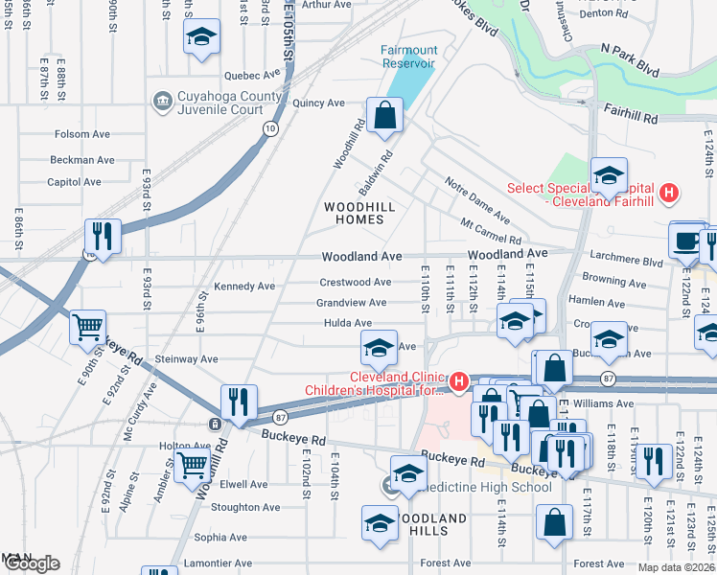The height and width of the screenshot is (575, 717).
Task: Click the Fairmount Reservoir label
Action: pos(408,57)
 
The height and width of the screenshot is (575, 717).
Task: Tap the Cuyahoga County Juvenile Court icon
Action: pos(160,99)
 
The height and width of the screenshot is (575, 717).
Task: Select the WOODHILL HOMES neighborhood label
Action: pos(354,213)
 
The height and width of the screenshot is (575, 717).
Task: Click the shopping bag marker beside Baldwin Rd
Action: pos(384,115)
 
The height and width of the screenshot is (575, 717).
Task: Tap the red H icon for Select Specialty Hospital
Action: pos(670,192)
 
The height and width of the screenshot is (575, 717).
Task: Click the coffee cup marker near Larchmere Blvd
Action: pos(685,241)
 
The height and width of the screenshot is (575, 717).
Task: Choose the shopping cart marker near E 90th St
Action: pos(87,327)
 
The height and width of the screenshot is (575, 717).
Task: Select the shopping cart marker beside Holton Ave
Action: pos(193,465)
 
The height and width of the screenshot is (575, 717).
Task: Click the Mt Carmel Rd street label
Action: pos(491,231)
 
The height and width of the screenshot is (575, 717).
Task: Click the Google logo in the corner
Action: pos(31,563)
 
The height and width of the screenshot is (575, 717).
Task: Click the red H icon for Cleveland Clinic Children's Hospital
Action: pos(459,383)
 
